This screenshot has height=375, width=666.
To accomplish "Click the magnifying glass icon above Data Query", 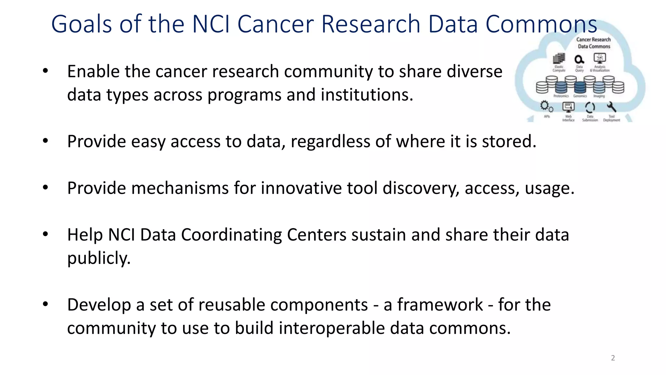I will coord(579,60).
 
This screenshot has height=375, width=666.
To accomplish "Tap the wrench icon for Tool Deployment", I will coord(611,107).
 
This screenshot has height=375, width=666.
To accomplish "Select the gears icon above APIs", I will coord(546,106).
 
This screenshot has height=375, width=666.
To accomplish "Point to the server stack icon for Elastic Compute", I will coord(559,59).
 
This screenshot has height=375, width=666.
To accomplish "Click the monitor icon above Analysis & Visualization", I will coord(600,58).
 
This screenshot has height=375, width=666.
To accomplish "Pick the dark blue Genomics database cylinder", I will coord(580,87).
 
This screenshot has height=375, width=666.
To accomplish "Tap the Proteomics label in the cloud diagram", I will coord(561,96).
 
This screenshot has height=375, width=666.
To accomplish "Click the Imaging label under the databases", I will coord(599,96).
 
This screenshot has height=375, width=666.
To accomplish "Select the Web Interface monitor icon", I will coord(568,107).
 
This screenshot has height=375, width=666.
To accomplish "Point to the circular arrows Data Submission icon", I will coord(590,107).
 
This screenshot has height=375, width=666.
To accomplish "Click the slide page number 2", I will coord(613,358).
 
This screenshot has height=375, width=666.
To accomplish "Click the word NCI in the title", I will coord(211,24).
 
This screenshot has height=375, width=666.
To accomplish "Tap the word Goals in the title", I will coord(82,24).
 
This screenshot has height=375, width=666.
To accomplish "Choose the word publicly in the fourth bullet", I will coord(99,258).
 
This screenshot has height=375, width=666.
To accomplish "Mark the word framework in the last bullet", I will coord(440,305).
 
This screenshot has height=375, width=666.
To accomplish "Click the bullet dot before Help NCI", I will coord(45,234).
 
